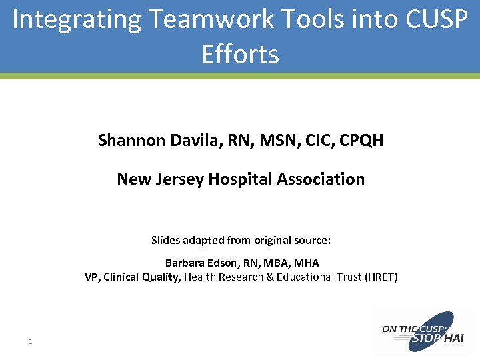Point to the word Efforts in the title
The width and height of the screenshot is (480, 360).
[240, 53]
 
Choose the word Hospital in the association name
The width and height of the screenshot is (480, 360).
[240, 179]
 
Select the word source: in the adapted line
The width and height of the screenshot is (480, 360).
[312, 240]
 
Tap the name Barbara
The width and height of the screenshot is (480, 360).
[183, 263]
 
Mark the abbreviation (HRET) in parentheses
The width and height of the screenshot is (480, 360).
[381, 277]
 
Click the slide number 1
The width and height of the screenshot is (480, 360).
[31, 342]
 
